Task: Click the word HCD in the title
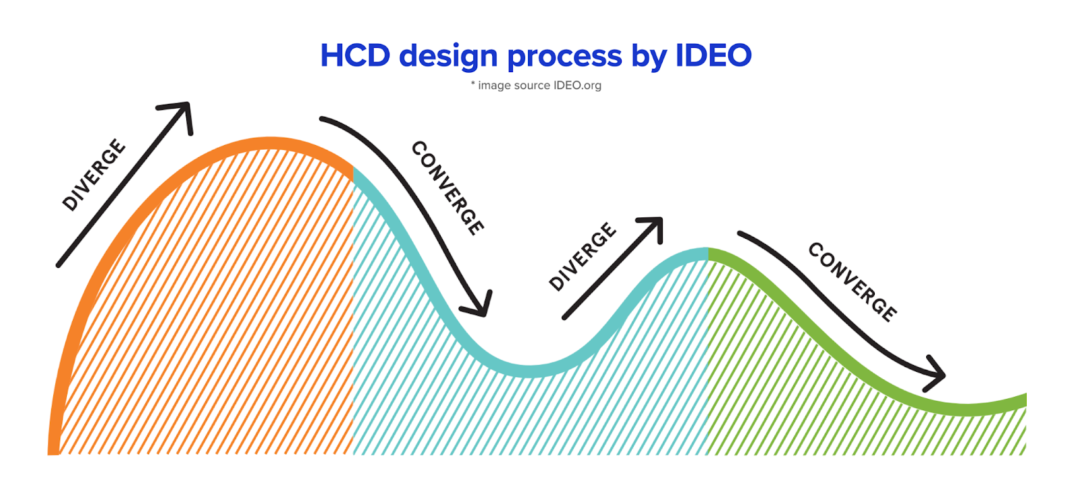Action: [355, 55]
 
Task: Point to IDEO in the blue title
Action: [713, 55]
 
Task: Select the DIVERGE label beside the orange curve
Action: [94, 175]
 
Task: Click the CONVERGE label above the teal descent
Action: [448, 188]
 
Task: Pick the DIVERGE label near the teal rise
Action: [582, 256]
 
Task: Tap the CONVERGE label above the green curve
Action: [853, 281]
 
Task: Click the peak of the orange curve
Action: [269, 143]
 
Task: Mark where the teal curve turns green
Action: [707, 254]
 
